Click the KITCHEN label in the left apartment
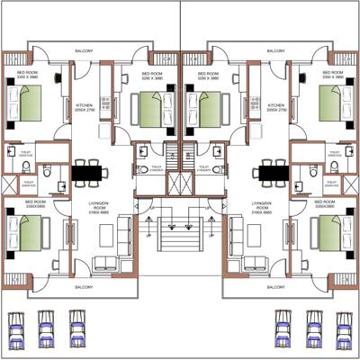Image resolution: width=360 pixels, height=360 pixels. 85,106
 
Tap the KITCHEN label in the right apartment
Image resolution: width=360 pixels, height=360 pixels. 275,106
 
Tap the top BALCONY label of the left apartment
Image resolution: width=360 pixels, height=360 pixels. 85,52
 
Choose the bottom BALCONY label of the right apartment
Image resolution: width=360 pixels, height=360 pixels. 274,287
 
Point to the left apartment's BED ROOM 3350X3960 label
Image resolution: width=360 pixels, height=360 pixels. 35,204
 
